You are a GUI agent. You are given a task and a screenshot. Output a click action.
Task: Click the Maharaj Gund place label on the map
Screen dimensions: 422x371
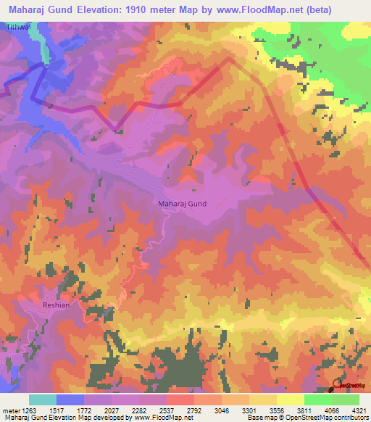tap(182, 204)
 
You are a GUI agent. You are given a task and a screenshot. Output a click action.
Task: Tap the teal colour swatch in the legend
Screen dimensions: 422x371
tap(43, 400)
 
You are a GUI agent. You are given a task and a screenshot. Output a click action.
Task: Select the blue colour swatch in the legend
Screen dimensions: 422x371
tap(70, 400)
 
